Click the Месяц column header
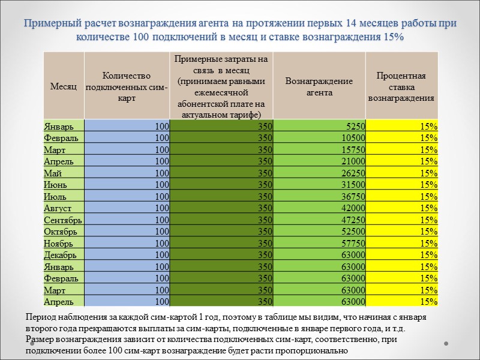(x=63, y=86)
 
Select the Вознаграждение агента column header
(x=319, y=86)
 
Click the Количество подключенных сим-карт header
(x=127, y=86)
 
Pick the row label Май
(x=53, y=173)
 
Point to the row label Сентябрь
(x=62, y=220)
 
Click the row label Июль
(x=55, y=196)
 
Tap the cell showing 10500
(x=353, y=137)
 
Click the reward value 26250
(x=353, y=173)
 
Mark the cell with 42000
(x=353, y=208)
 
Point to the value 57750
(x=353, y=243)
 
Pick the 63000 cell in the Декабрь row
(x=353, y=255)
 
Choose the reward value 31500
(x=353, y=185)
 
